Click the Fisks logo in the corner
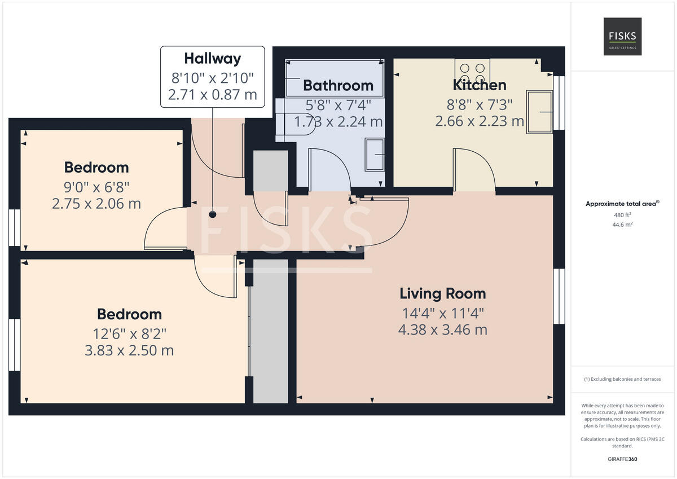[x=622, y=37]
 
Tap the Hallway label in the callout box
[x=212, y=59]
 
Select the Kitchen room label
[x=480, y=85]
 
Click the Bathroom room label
[x=338, y=86]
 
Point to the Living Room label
[x=442, y=293]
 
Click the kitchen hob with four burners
[x=472, y=72]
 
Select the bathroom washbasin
[x=375, y=154]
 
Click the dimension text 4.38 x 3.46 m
[x=442, y=329]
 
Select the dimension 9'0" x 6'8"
[x=96, y=186]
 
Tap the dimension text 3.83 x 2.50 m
[x=129, y=350]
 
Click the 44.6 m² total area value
[x=623, y=225]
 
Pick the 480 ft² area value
[x=623, y=215]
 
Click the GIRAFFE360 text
[x=623, y=459]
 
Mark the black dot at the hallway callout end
[x=213, y=214]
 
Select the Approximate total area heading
[x=622, y=204]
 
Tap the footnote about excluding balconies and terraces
[x=623, y=379]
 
